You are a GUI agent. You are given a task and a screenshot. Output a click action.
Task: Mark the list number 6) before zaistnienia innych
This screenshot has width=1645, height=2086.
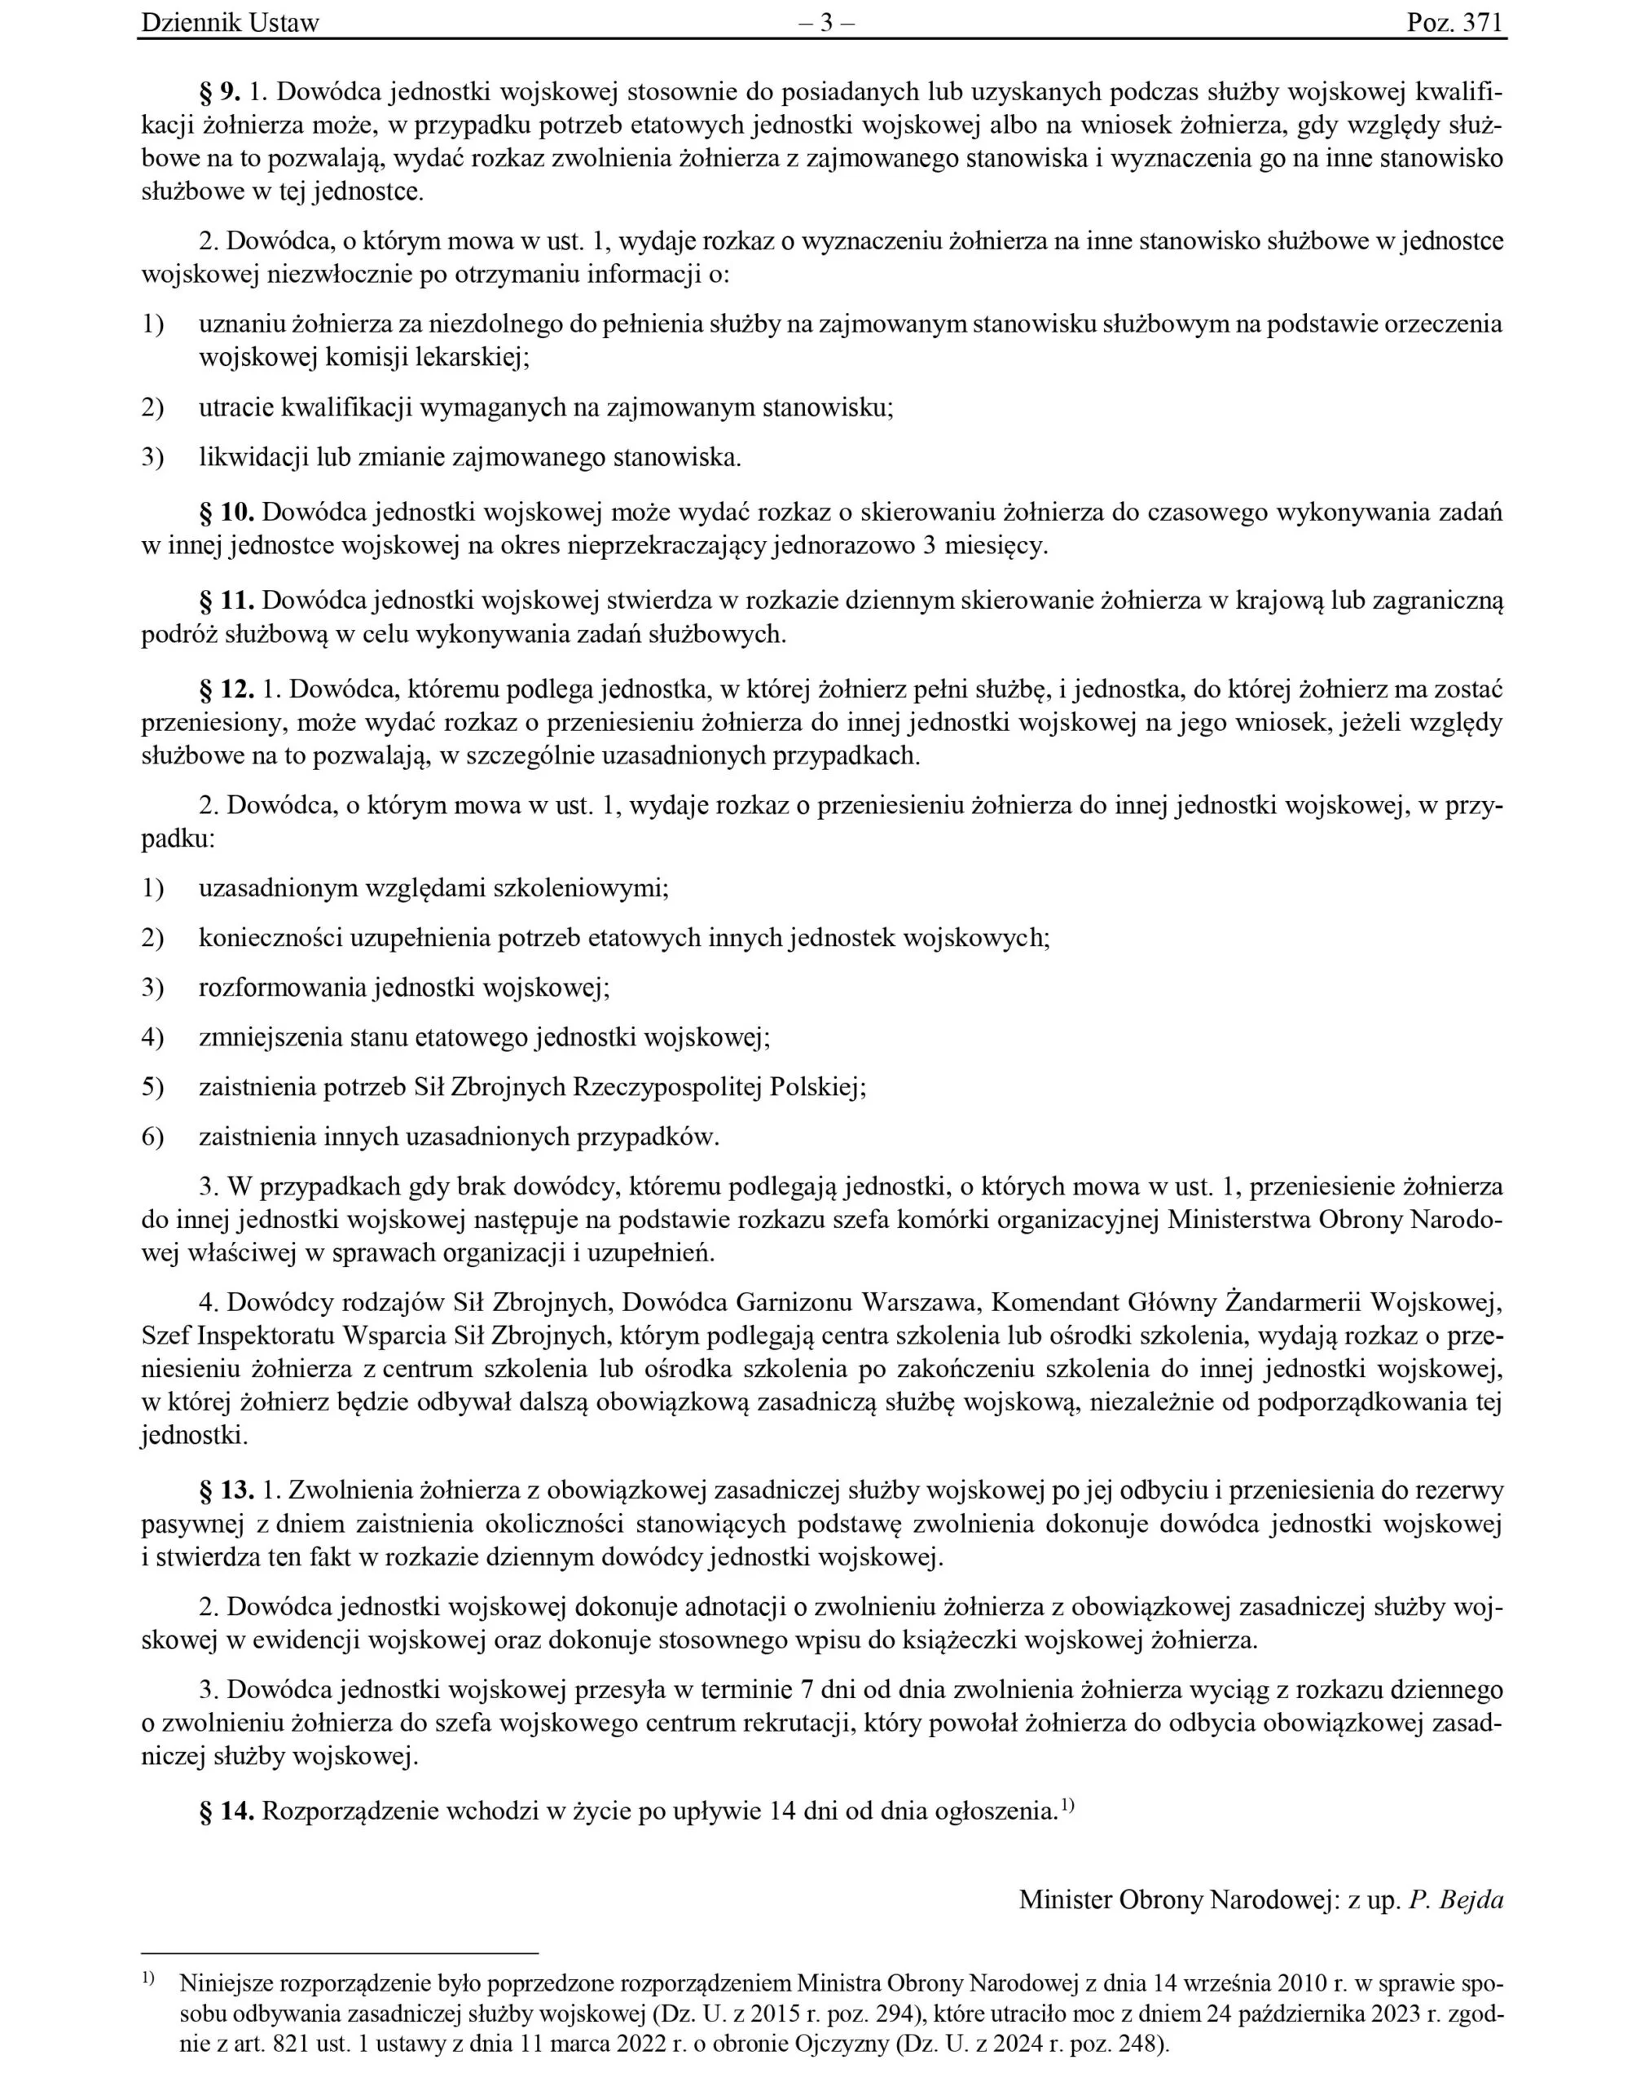(153, 1138)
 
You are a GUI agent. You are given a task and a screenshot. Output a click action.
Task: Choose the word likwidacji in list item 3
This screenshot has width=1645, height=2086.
(254, 457)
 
